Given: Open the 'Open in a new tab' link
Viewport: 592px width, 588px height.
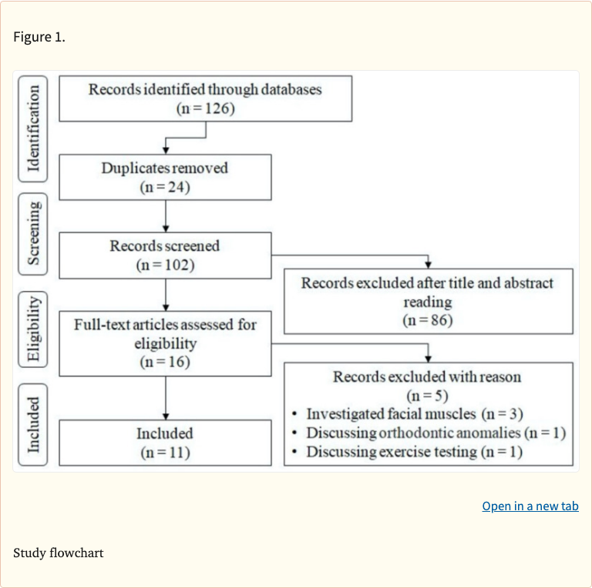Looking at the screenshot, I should click(x=530, y=506).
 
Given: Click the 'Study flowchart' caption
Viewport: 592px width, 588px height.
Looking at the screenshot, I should click(x=58, y=553).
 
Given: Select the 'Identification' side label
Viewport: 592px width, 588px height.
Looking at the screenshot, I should click(x=32, y=127).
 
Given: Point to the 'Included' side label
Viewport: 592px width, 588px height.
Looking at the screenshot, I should click(x=32, y=424).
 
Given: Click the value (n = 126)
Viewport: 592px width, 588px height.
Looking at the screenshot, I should click(x=205, y=108).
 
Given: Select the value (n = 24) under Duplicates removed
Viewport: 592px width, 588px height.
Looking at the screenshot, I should click(x=165, y=186).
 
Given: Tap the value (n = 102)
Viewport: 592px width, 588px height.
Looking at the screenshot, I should click(x=165, y=265).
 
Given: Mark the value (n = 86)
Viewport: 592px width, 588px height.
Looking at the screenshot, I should click(x=428, y=320).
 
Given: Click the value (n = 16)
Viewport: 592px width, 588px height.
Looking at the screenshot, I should click(x=165, y=362).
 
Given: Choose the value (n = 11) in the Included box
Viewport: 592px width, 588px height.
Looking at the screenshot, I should click(x=165, y=452).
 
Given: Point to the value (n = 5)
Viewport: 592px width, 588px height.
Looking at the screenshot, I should click(x=428, y=396).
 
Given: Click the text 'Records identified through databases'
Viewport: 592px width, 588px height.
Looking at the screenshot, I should click(x=205, y=89).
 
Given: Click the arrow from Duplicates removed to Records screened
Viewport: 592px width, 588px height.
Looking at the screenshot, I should click(x=166, y=215).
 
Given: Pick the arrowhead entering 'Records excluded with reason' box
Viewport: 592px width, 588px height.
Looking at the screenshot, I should click(x=429, y=357).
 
